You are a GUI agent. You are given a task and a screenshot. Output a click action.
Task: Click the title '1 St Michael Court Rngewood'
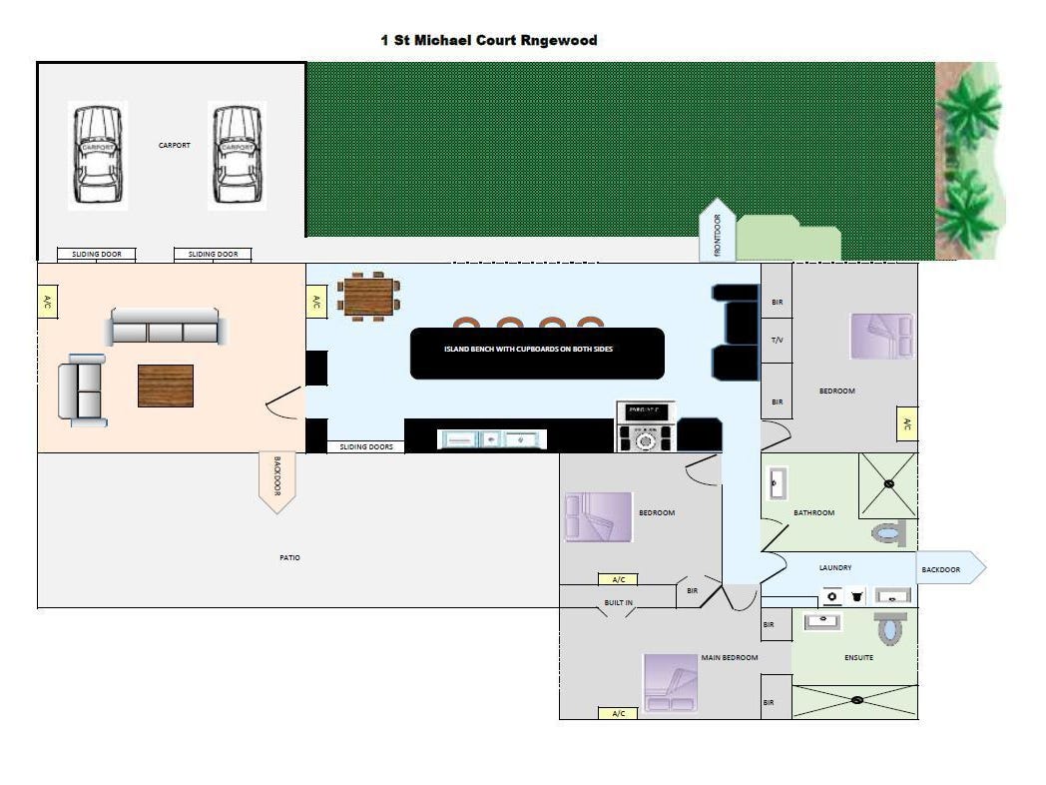click(x=489, y=41)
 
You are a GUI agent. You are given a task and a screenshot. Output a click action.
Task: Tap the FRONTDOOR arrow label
click(x=718, y=230)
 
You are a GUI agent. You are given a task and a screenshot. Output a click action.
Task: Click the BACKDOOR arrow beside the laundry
click(x=949, y=568)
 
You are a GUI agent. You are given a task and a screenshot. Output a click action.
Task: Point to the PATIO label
click(x=289, y=557)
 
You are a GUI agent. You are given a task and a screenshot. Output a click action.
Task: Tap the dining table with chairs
click(x=368, y=296)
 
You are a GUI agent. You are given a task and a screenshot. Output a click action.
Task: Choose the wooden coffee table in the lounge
click(x=166, y=386)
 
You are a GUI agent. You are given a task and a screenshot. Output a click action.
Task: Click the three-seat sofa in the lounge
click(x=167, y=327)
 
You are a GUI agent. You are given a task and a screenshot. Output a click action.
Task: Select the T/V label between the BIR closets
click(x=778, y=340)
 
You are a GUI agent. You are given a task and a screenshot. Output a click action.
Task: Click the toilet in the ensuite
click(x=888, y=628)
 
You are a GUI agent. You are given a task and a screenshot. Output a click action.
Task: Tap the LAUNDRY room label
click(x=835, y=567)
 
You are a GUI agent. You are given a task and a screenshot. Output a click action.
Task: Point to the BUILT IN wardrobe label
click(x=618, y=603)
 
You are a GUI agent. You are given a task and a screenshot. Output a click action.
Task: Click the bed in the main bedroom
click(x=670, y=682)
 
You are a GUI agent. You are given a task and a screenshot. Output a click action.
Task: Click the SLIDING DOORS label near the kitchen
click(x=366, y=446)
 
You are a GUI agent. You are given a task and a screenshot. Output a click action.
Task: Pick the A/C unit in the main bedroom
click(x=618, y=713)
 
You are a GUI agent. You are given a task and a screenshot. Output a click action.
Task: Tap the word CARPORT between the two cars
click(x=175, y=146)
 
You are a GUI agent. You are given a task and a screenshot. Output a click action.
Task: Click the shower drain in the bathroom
click(x=888, y=484)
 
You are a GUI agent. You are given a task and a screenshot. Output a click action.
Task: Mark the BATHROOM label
click(x=813, y=512)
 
